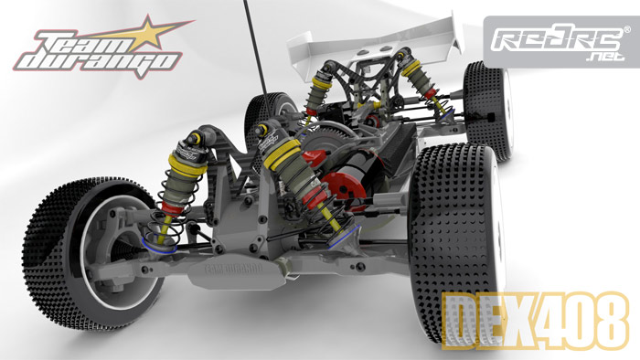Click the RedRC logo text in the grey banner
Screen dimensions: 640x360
click(x=558, y=40)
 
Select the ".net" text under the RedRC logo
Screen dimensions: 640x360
click(x=605, y=57)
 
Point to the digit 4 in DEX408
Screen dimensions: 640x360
click(x=542, y=320)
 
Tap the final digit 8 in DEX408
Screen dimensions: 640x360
click(x=607, y=320)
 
